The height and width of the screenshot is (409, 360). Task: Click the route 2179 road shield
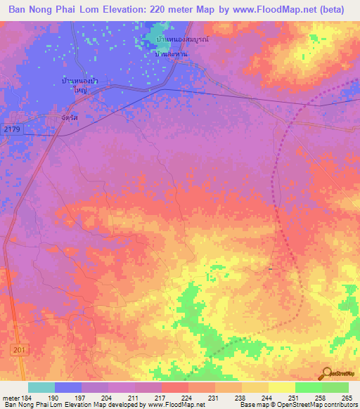coord(12,129)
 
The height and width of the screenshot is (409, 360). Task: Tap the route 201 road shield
coord(16,350)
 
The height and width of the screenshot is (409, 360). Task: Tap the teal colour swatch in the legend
coord(41,387)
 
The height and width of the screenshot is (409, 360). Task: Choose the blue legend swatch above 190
coord(68,387)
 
